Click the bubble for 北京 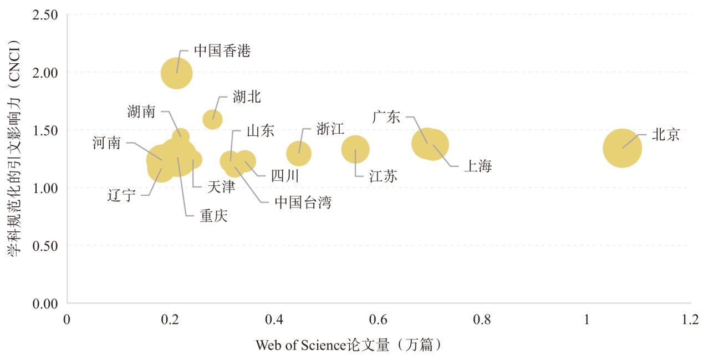click(x=622, y=148)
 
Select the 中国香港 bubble click(x=177, y=73)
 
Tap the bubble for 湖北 click(x=212, y=119)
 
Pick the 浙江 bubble click(x=299, y=153)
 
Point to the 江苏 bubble click(x=355, y=149)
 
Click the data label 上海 click(x=477, y=166)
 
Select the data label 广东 click(x=386, y=117)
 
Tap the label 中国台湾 click(x=303, y=202)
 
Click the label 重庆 click(x=213, y=216)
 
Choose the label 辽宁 click(x=121, y=195)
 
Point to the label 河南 click(x=106, y=143)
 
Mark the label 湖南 click(x=141, y=111)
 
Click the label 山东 click(x=260, y=131)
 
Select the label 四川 click(x=285, y=176)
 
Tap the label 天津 click(x=221, y=186)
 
